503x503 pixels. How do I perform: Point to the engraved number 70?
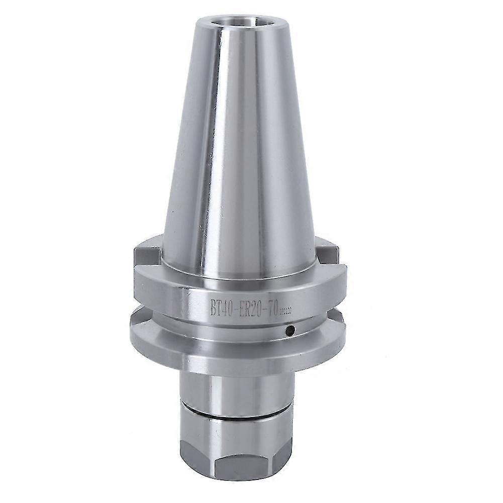pos(271,306)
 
